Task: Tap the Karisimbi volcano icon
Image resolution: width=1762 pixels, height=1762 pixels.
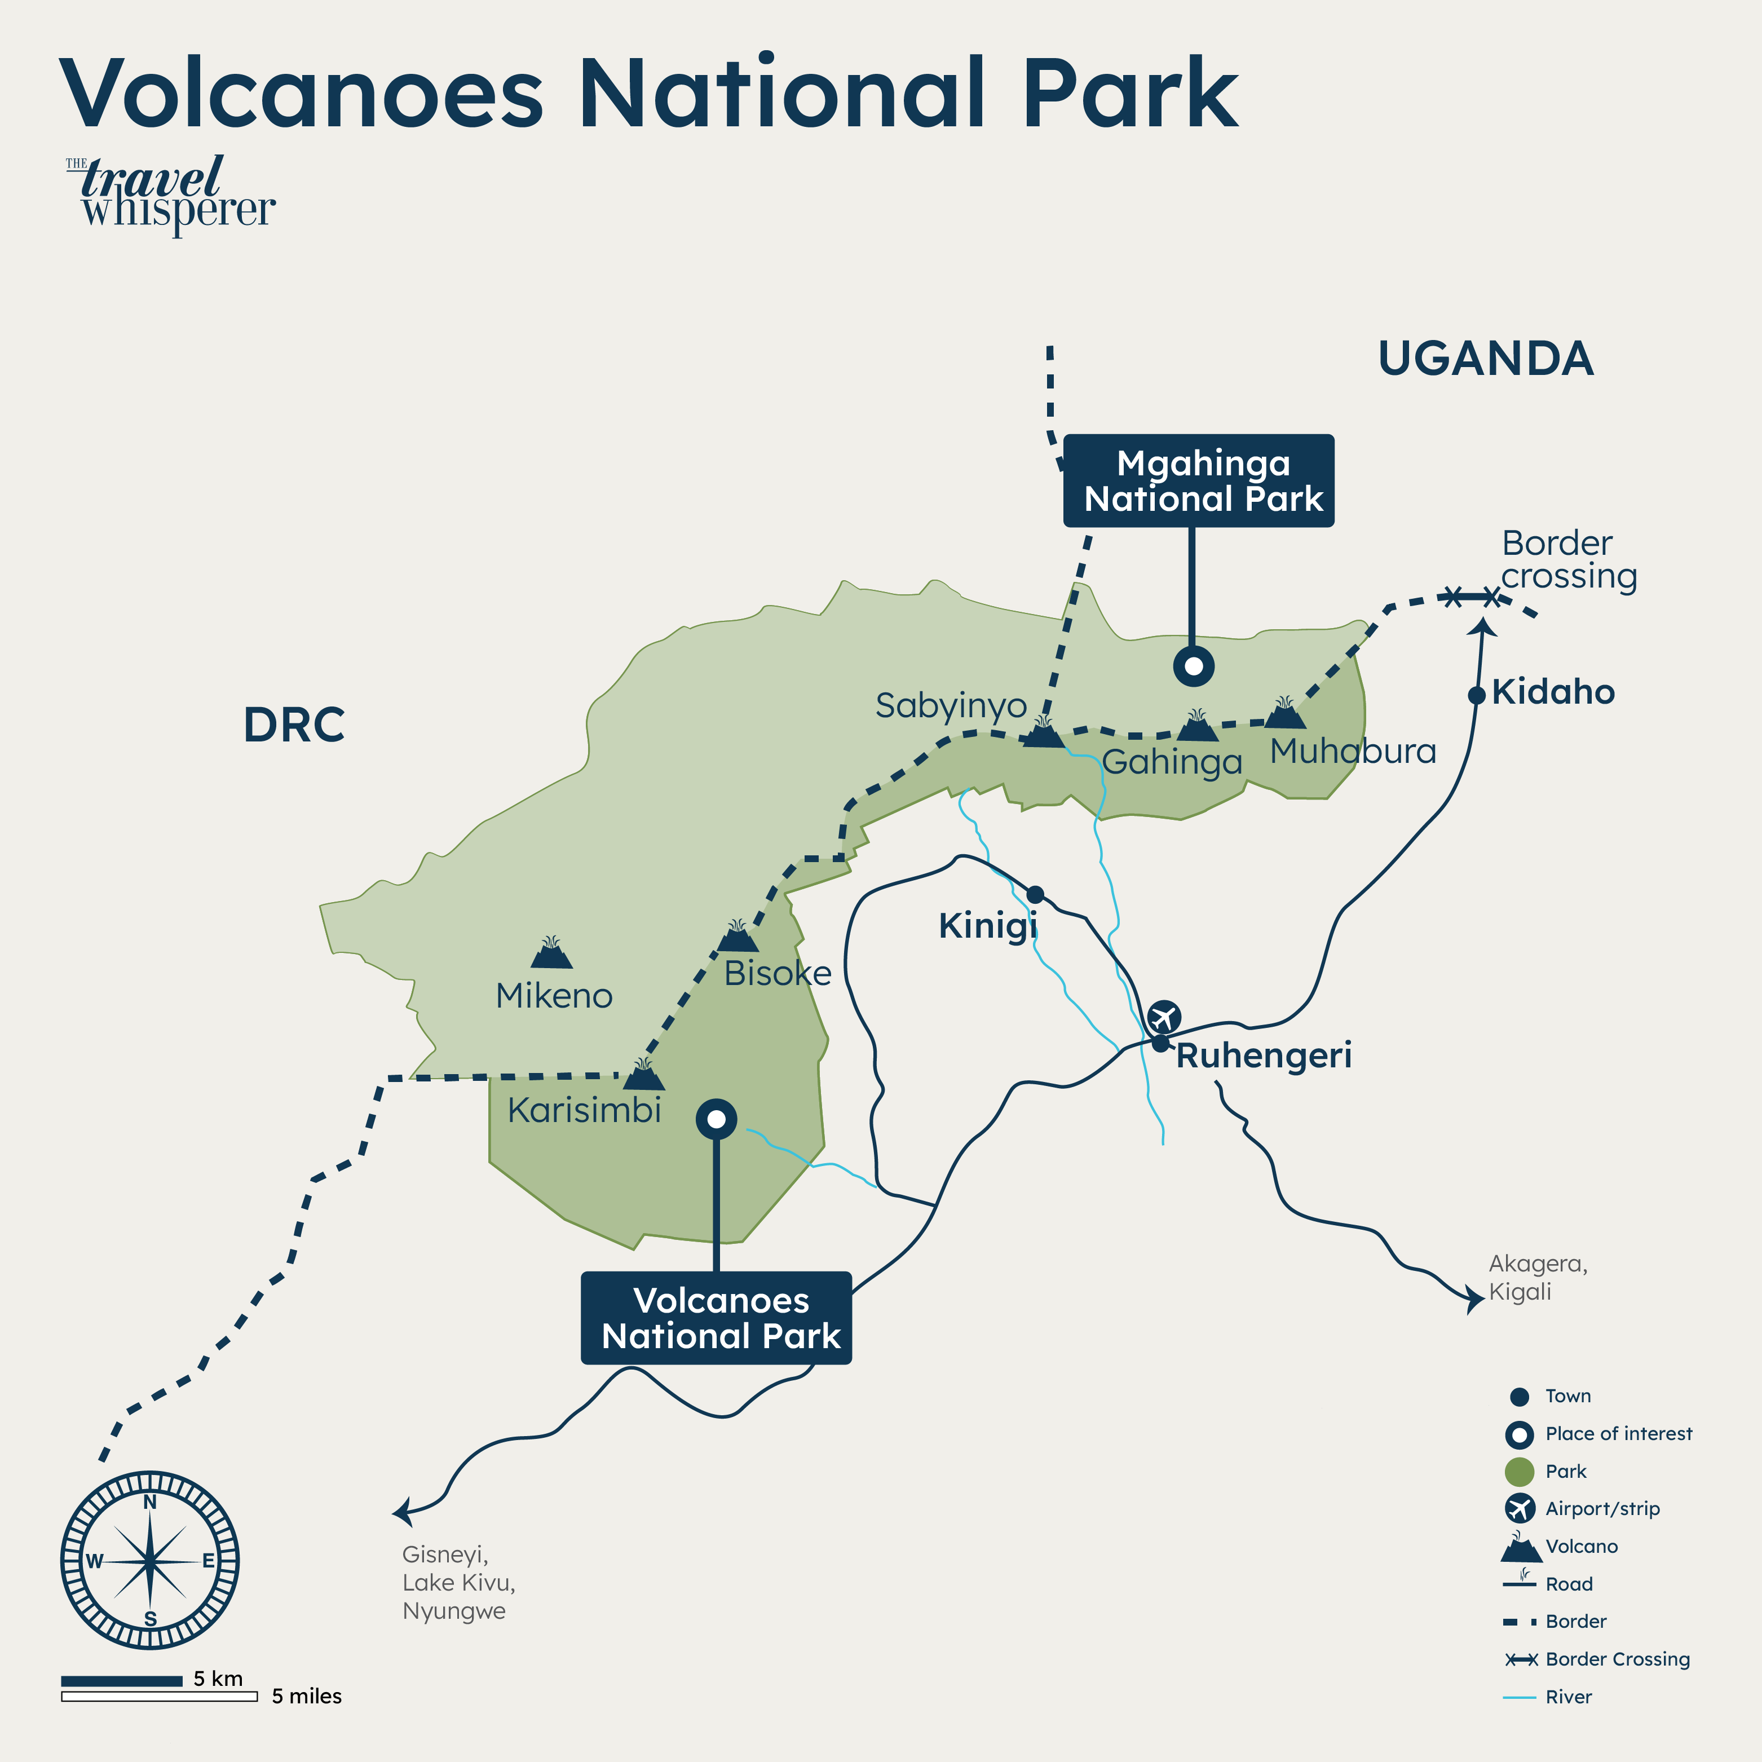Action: [644, 1076]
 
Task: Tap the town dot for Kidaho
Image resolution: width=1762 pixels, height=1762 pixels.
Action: [1477, 695]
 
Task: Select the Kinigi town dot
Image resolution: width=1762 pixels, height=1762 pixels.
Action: [1035, 894]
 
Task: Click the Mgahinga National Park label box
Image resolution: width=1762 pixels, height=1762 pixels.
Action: [1198, 480]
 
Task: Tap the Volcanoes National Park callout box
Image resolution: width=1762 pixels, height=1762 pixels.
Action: [716, 1318]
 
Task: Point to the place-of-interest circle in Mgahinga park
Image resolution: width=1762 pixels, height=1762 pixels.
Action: [1193, 666]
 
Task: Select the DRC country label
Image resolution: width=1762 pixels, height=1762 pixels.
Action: [294, 725]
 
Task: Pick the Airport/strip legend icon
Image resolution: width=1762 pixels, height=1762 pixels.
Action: [1520, 1508]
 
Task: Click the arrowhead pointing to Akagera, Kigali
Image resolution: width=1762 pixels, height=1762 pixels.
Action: [1473, 1299]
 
